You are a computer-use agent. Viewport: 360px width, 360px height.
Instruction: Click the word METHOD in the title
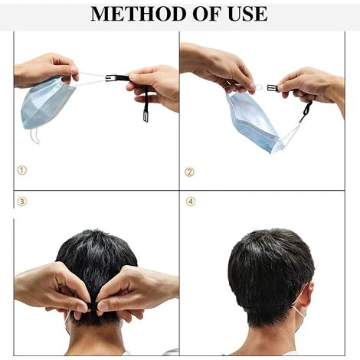coord(139,14)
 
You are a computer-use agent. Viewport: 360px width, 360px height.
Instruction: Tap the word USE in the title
coord(247,14)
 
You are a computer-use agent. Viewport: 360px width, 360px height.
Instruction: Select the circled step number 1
coord(22,170)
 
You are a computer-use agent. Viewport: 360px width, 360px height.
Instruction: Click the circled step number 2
coord(189,172)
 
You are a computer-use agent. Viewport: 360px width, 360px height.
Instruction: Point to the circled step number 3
coord(22,201)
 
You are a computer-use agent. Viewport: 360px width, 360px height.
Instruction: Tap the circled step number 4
coord(191,201)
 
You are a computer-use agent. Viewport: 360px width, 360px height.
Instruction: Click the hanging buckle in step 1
coord(146,116)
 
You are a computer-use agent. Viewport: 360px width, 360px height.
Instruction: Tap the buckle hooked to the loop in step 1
coord(110,77)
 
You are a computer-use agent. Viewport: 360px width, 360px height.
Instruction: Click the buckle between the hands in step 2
coord(273,88)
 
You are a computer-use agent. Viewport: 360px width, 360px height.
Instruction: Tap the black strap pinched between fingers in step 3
coord(93,306)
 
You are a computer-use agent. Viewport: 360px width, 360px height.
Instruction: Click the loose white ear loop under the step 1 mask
coord(34,136)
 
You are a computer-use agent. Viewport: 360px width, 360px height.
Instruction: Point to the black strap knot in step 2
coord(306,110)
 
